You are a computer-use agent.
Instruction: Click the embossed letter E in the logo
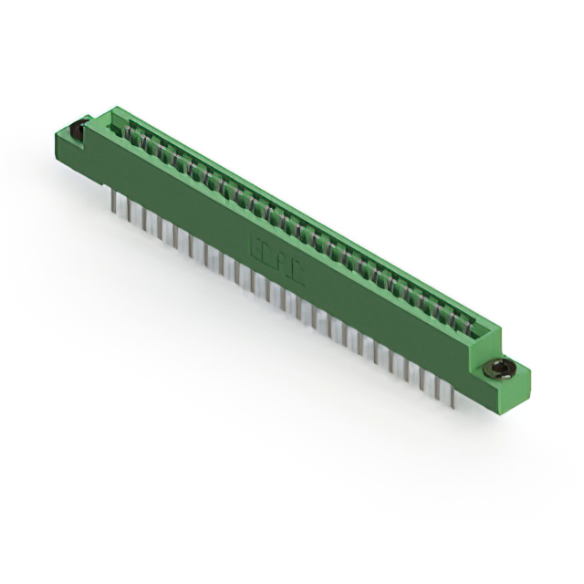(255, 245)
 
